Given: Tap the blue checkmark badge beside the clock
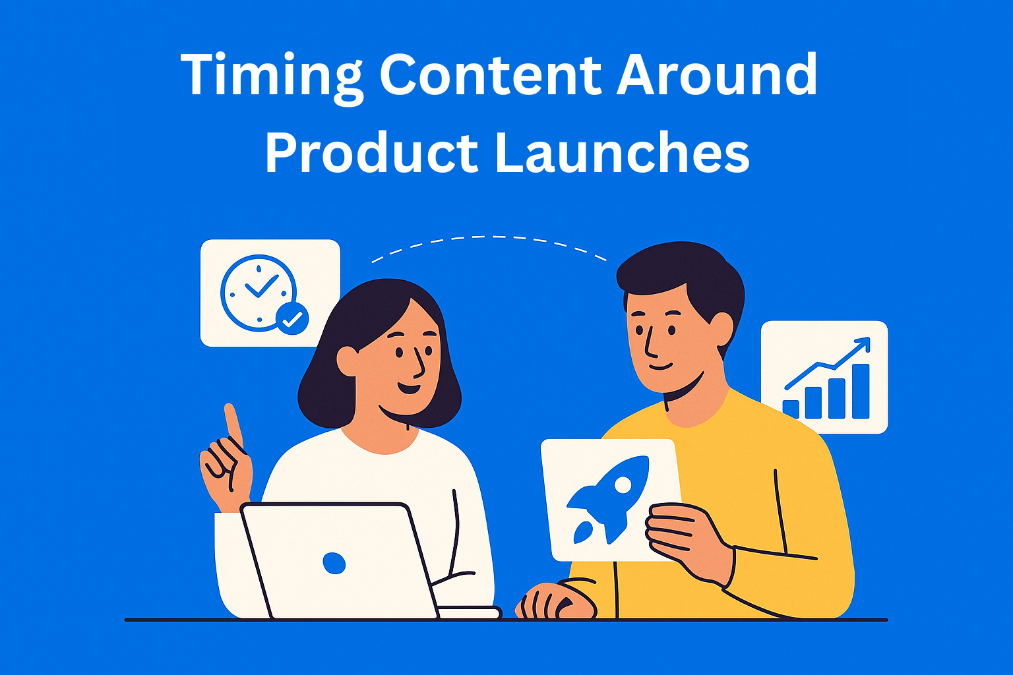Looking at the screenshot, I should pyautogui.click(x=292, y=319).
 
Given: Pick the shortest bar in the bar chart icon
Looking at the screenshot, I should pyautogui.click(x=791, y=409).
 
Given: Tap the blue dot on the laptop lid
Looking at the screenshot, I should pyautogui.click(x=334, y=563).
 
